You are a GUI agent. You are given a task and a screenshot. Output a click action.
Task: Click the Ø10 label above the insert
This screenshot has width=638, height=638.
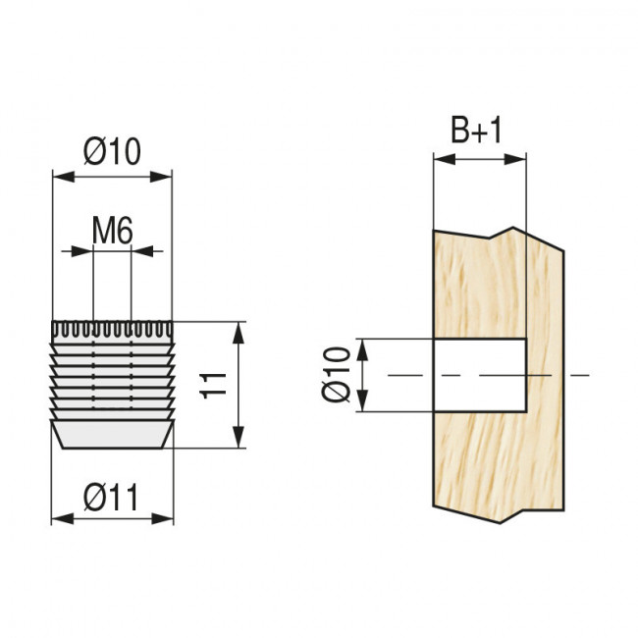pos(112,151)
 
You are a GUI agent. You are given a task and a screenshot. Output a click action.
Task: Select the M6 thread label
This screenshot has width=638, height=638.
pos(112,231)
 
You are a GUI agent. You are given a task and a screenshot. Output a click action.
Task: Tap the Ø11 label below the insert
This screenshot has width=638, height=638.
pos(112,498)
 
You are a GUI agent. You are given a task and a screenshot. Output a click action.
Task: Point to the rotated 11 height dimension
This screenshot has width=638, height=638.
pos(213,385)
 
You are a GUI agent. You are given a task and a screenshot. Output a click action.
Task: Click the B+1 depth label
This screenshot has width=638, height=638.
pos(476,130)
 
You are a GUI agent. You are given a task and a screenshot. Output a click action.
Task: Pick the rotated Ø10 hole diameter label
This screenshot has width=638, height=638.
pos(336,374)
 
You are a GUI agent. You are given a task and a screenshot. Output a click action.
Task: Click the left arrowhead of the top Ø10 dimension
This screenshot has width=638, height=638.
pos(64,177)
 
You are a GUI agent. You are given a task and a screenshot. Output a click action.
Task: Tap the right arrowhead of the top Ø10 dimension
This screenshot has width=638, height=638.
pos(161,177)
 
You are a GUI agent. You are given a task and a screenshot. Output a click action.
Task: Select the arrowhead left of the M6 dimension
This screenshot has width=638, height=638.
pos(82,251)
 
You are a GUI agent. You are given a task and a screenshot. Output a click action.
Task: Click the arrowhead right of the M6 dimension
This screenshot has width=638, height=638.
pos(142,251)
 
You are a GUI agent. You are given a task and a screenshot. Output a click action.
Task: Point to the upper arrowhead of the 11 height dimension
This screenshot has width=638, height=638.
pos(239,333)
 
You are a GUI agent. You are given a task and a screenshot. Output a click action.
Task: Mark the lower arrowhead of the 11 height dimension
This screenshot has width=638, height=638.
pos(239,437)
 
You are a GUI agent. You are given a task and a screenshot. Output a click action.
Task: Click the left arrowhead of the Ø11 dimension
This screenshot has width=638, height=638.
pos(62,519)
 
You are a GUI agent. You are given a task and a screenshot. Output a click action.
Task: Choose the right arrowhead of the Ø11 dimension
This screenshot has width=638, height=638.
pos(163,519)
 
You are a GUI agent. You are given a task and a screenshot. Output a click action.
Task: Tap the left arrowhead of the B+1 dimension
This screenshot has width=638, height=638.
pos(445,159)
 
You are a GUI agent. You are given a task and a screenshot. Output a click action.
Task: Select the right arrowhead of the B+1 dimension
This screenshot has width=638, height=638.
pos(515,159)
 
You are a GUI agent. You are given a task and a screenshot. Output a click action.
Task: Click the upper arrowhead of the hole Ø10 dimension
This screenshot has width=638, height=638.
pos(362,349)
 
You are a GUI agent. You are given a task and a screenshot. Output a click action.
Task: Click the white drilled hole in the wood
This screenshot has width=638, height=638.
pos(481,375)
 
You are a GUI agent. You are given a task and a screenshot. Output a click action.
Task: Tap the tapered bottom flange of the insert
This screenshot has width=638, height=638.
pos(113,435)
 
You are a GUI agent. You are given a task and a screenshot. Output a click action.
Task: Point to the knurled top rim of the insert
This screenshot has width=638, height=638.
pos(112,331)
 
